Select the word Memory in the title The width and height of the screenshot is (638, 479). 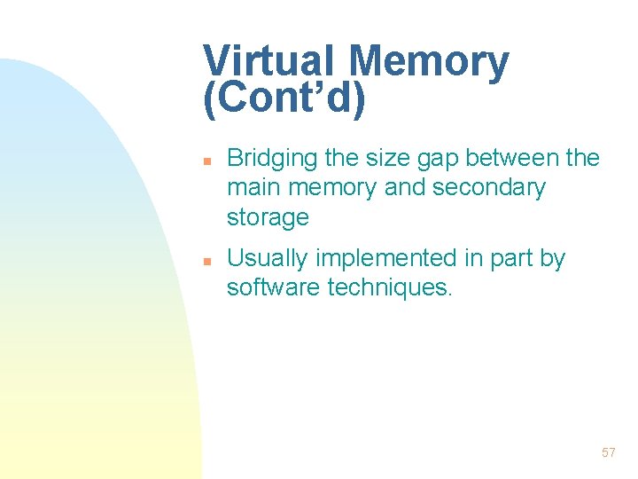coord(429,62)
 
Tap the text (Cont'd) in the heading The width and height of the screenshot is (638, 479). coord(284,99)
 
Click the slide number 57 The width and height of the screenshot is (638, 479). coord(608,453)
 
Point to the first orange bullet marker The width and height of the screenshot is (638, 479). coord(205,162)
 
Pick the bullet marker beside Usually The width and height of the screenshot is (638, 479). coord(205,262)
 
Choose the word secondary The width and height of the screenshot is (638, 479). coord(489,188)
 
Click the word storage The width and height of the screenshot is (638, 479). coord(268,217)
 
